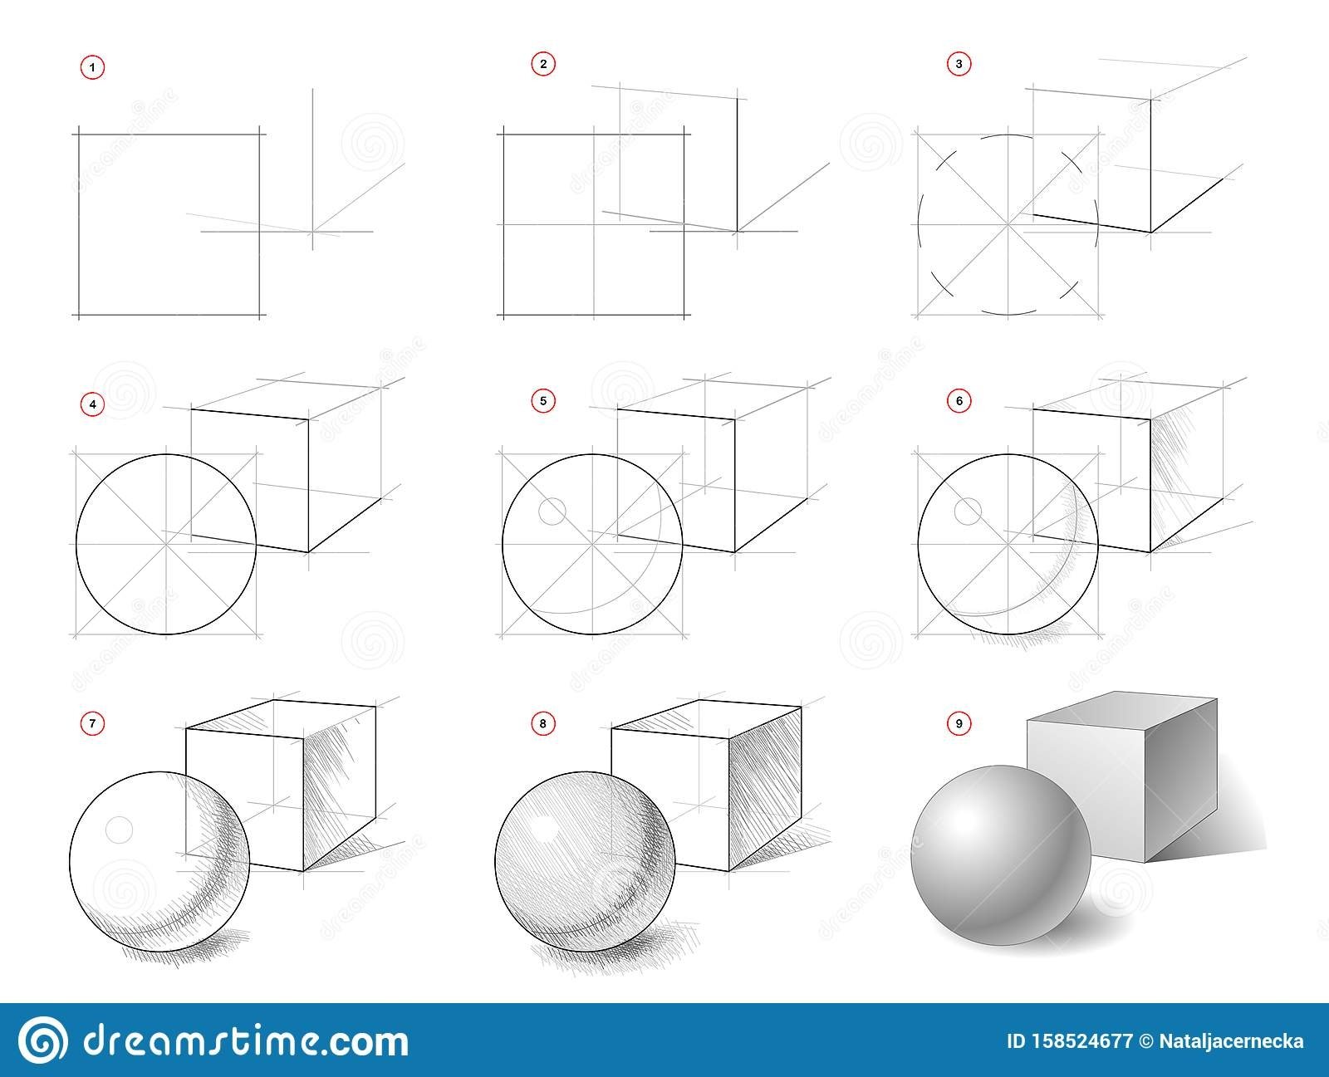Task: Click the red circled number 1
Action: [x=92, y=67]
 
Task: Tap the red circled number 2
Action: [x=543, y=64]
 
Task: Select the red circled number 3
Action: [x=959, y=64]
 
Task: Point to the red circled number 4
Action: [x=92, y=404]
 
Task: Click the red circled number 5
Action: [x=543, y=400]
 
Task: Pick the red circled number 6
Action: [x=959, y=400]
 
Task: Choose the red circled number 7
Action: [x=92, y=723]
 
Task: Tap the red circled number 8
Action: [x=543, y=723]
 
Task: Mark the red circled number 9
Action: [x=959, y=723]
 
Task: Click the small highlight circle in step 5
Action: [x=552, y=512]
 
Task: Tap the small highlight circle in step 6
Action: [x=968, y=512]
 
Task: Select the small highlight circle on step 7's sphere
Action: [x=119, y=830]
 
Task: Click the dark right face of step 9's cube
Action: [x=1181, y=781]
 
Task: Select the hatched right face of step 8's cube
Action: [x=765, y=789]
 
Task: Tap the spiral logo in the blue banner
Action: [x=42, y=1040]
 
